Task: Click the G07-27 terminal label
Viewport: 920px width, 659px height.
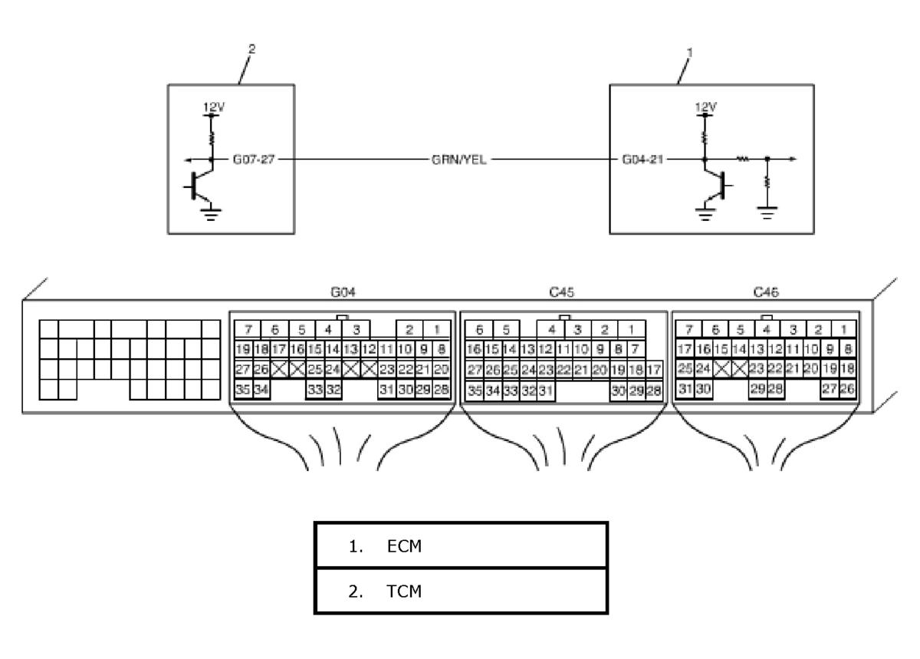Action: (254, 159)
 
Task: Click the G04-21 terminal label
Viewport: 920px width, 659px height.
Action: (642, 159)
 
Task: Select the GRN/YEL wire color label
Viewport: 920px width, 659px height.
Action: (458, 160)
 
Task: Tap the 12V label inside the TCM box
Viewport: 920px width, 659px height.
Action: (214, 107)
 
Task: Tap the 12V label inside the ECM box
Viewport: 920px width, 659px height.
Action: (705, 107)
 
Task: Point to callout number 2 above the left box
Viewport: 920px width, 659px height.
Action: (251, 49)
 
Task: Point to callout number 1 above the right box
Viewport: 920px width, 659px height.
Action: (689, 53)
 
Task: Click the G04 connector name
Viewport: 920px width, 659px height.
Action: (343, 292)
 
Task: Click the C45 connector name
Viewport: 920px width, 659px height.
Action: (561, 292)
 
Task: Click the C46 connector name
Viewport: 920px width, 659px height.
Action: (766, 292)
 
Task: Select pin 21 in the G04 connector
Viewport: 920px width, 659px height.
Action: (423, 369)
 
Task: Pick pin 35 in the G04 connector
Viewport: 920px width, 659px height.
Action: (243, 389)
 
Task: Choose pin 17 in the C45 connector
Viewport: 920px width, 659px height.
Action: (653, 370)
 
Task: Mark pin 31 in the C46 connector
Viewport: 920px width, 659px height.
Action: (685, 388)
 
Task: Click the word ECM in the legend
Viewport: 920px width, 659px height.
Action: (404, 546)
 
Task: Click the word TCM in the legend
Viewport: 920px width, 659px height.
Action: (404, 591)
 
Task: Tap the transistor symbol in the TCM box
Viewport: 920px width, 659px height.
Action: (199, 186)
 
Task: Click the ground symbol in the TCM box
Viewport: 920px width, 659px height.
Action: (211, 215)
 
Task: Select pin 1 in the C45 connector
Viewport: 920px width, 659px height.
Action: (631, 329)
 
